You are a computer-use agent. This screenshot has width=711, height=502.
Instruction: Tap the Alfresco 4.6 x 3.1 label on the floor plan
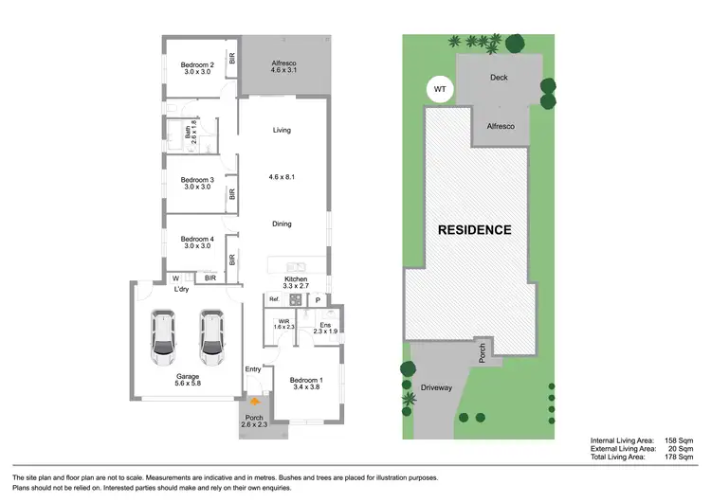pyautogui.click(x=284, y=64)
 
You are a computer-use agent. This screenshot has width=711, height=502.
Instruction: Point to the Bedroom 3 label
pyautogui.click(x=198, y=183)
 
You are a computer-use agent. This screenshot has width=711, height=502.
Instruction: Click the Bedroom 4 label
pyautogui.click(x=198, y=242)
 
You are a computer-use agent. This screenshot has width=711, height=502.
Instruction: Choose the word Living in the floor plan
pyautogui.click(x=282, y=130)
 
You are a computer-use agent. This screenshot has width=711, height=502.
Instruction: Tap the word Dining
pyautogui.click(x=282, y=224)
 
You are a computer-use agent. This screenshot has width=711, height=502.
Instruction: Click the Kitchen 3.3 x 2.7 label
pyautogui.click(x=297, y=282)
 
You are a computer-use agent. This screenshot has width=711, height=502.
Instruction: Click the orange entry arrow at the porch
pyautogui.click(x=254, y=403)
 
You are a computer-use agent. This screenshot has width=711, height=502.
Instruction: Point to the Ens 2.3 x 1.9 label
pyautogui.click(x=324, y=327)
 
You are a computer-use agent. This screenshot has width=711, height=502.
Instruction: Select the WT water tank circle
pyautogui.click(x=440, y=90)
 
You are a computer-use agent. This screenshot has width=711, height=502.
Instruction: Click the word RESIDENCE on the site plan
pyautogui.click(x=474, y=230)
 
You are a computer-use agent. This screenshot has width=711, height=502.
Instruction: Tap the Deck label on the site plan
pyautogui.click(x=499, y=80)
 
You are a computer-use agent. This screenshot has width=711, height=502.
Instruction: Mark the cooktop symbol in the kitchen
pyautogui.click(x=296, y=300)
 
